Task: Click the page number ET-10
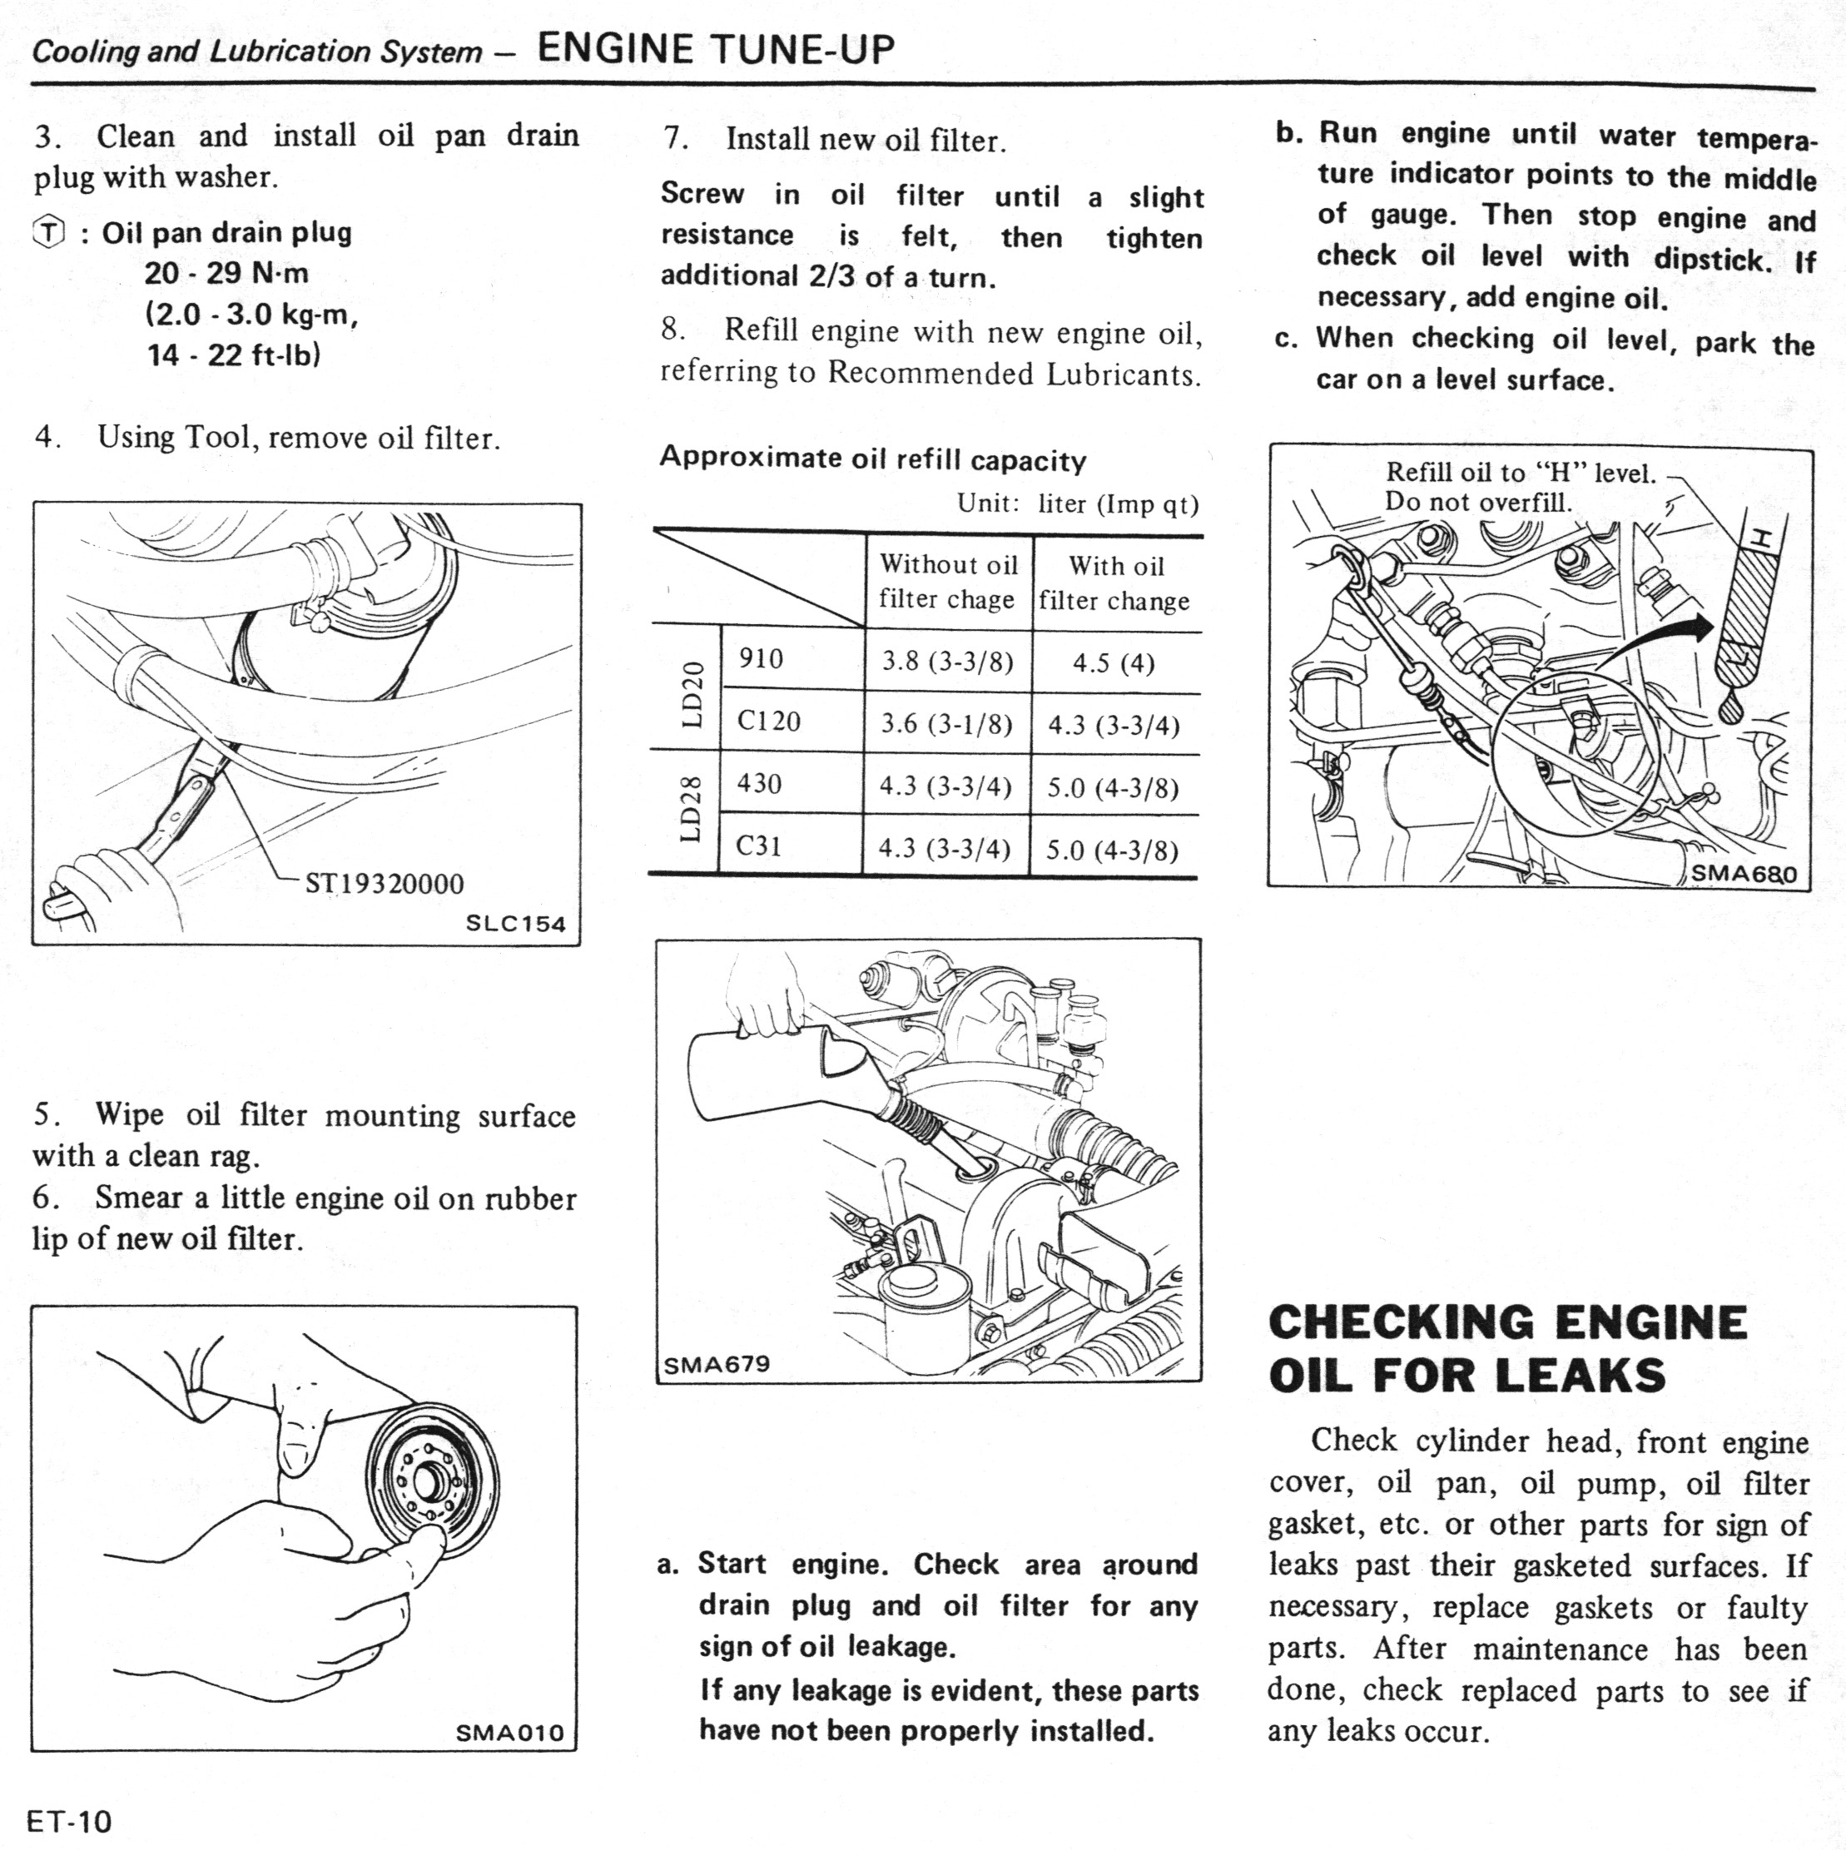point(70,1820)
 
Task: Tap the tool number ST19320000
point(384,883)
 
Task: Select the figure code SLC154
point(515,924)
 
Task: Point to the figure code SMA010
point(509,1733)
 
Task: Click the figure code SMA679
point(717,1363)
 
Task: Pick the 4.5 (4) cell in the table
point(1114,662)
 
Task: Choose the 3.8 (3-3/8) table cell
point(947,662)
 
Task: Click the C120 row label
point(769,720)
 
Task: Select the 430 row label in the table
point(759,783)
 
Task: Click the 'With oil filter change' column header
point(1115,583)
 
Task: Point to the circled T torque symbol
point(49,233)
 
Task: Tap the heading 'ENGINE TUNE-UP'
point(717,48)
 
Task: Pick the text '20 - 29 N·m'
point(227,274)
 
